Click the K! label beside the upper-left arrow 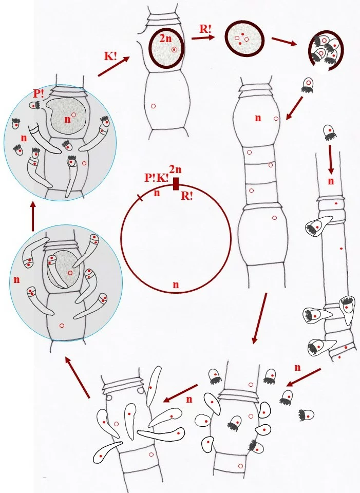click(110, 56)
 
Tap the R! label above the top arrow click(205, 28)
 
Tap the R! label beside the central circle click(187, 196)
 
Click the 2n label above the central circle click(175, 169)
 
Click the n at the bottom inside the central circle click(176, 283)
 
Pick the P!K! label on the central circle click(156, 178)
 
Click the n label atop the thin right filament click(331, 181)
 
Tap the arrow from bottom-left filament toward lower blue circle click(78, 378)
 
